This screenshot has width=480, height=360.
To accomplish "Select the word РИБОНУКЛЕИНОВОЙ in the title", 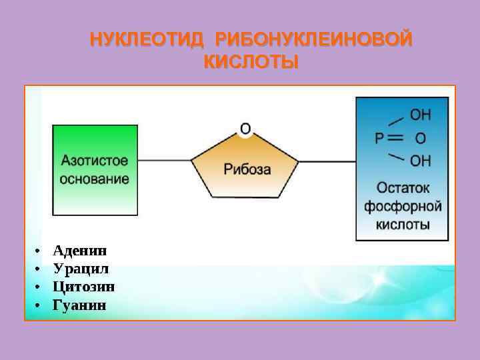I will (x=313, y=41).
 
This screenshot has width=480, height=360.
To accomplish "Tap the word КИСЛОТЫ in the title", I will (x=251, y=63).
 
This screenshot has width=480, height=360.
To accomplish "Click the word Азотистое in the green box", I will (x=95, y=161).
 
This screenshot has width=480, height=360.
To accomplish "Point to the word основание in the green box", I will (x=95, y=179).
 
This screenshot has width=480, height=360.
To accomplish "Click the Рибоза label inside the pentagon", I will (x=247, y=169).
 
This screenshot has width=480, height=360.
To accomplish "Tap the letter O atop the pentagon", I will (x=245, y=128).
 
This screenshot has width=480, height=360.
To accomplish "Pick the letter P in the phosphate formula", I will (x=379, y=139).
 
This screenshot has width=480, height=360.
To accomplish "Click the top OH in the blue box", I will (x=420, y=116).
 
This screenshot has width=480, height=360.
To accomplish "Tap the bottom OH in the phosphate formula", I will (x=420, y=161).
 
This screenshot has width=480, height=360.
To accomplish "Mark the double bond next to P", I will (x=396, y=139).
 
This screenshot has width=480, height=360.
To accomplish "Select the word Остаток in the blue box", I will (x=403, y=189).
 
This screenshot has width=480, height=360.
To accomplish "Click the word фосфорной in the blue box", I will (x=403, y=207).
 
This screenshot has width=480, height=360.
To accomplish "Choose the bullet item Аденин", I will (x=79, y=251).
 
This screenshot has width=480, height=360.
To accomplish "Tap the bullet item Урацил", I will (x=81, y=269).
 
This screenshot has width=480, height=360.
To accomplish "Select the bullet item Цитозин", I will (x=83, y=287).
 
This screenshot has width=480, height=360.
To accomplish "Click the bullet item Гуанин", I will (x=79, y=305).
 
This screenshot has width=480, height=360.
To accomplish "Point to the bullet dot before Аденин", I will (x=38, y=251).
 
